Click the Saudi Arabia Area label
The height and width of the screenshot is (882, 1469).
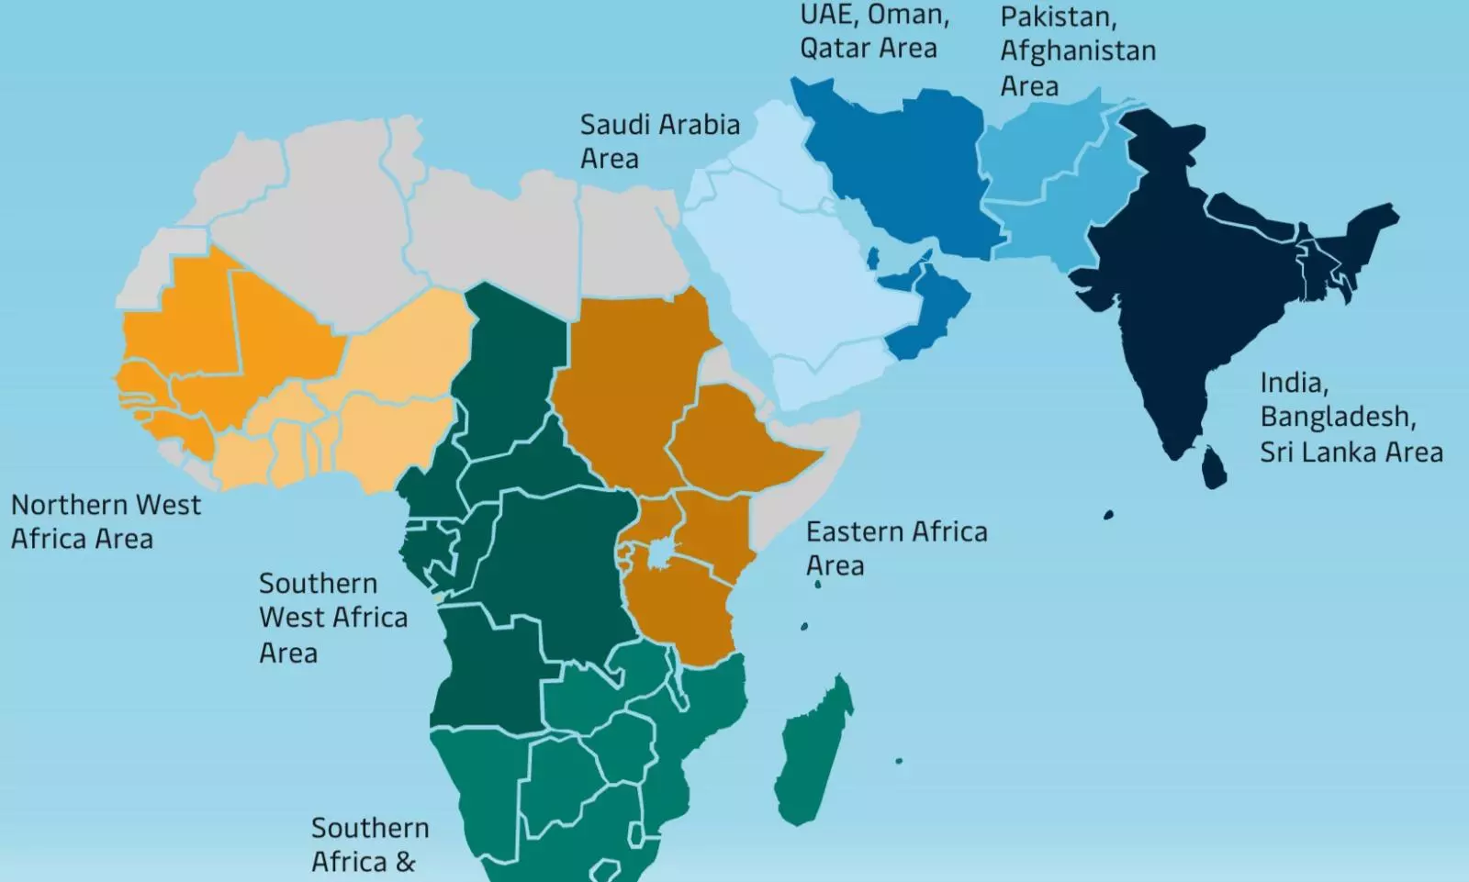point(659,140)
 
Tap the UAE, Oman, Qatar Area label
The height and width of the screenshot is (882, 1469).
point(873,31)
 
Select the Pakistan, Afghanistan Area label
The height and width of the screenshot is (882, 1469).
point(1077,51)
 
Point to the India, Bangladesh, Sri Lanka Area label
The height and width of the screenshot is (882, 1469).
point(1350,417)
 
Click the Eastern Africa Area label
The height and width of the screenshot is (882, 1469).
point(895,548)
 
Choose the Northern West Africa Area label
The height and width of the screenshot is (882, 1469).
point(106,521)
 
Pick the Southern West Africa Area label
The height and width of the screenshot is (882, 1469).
point(332,618)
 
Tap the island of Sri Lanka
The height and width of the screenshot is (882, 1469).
point(1214,466)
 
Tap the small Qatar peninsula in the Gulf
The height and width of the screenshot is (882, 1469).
point(873,258)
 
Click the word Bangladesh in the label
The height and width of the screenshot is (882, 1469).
point(1337,417)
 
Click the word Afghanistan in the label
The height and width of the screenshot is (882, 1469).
point(1077,51)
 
